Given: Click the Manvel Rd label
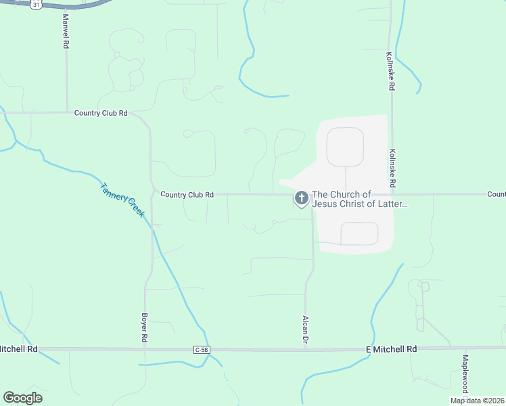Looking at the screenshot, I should coord(66,31).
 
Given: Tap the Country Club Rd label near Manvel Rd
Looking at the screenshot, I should coord(101,113).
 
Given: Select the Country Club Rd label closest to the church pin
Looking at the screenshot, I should coord(187,194).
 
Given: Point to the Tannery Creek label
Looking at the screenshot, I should coord(122,200).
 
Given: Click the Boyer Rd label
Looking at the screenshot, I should coord(144,326).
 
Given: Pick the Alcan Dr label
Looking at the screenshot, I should coord(306,330).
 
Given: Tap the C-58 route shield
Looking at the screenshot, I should coord(201,349).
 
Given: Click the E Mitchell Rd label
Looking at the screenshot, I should coord(391,348).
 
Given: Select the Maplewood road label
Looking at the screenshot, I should coord(465,374).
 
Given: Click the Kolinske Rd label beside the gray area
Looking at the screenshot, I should coord(392,168).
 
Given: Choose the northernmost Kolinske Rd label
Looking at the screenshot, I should coord(391,72).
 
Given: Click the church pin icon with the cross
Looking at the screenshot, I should coord(301,198).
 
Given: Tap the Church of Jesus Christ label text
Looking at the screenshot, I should coord(359,199).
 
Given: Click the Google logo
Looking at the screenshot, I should coord(22,397).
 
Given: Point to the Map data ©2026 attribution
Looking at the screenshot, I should coord(477,401).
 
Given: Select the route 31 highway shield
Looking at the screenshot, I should coord(37,4).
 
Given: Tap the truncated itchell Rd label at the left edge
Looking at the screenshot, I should coord(18,348).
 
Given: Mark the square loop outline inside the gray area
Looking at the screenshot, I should coord(345,147).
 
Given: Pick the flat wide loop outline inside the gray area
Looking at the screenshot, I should coord(359,233).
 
